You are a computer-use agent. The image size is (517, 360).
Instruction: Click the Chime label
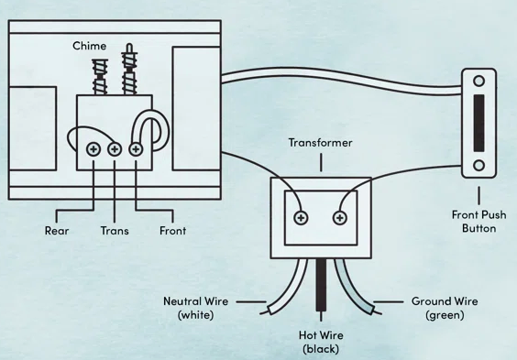click(x=89, y=46)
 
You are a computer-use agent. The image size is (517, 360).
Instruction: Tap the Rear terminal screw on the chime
click(x=93, y=149)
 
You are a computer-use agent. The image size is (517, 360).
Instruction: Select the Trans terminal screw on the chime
click(x=115, y=149)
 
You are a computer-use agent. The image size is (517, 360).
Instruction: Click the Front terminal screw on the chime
click(x=136, y=149)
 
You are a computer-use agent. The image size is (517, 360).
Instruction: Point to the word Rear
click(x=57, y=231)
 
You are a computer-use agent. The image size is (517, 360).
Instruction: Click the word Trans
click(x=115, y=231)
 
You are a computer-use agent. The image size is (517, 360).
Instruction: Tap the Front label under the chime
click(x=172, y=231)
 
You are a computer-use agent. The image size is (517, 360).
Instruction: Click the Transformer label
click(x=321, y=143)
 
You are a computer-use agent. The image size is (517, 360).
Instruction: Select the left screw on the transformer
click(x=301, y=218)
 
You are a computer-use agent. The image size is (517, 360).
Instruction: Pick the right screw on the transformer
click(x=340, y=218)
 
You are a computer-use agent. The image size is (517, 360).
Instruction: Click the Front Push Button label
click(x=478, y=222)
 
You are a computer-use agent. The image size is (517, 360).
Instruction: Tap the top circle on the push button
click(x=478, y=81)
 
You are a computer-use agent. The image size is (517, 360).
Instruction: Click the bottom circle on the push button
click(x=478, y=165)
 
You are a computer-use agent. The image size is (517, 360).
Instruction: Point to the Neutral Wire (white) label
click(x=196, y=308)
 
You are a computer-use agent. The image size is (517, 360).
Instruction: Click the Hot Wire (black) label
click(x=321, y=342)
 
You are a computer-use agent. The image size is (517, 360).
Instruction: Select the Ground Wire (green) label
click(x=445, y=308)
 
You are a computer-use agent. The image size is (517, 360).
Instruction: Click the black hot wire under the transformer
click(x=321, y=285)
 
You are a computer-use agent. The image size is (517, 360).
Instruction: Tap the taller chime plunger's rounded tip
click(x=129, y=47)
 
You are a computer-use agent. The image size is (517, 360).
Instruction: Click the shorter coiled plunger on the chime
click(x=100, y=77)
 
